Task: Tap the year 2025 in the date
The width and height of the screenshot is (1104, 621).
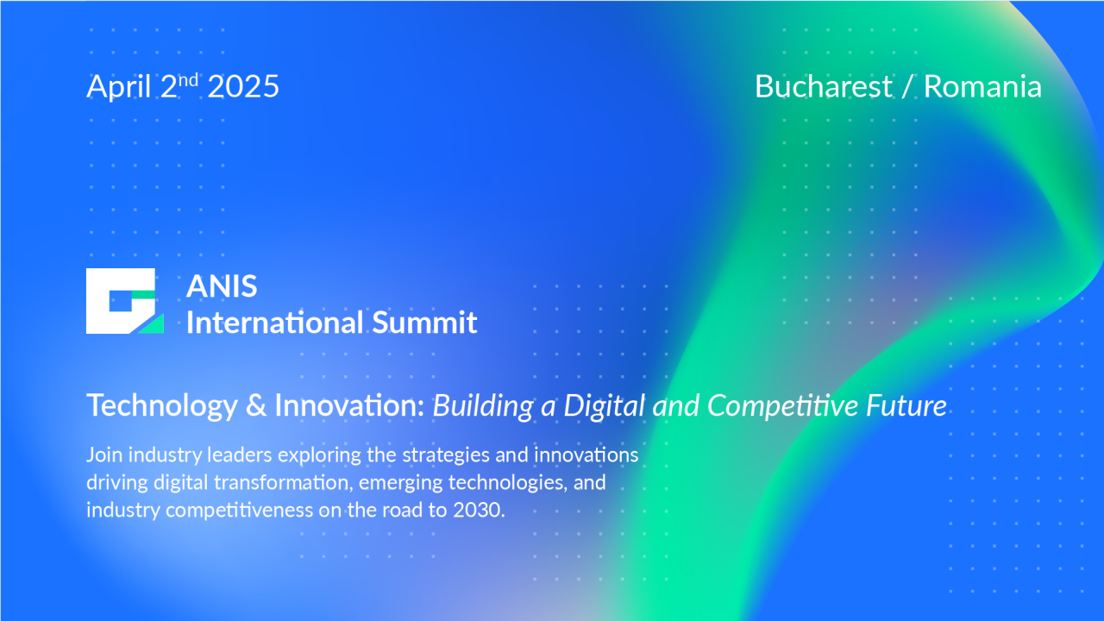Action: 243,87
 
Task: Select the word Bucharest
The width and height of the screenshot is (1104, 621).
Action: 823,87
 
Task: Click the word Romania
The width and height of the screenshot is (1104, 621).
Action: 982,87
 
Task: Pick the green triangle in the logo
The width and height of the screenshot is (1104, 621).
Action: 153,324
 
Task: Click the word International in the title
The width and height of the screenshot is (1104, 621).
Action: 275,323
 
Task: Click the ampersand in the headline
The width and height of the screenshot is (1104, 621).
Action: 256,405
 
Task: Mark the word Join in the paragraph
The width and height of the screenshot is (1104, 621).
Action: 101,455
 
